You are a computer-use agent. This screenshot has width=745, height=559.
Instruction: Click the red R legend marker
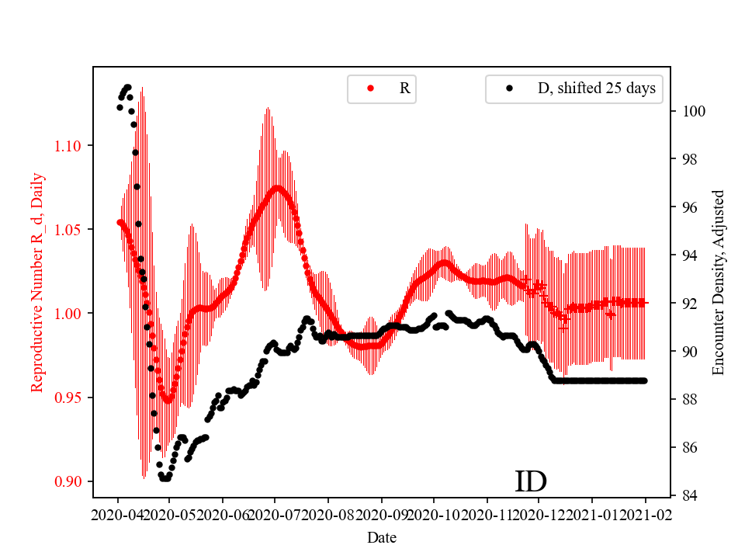tap(371, 89)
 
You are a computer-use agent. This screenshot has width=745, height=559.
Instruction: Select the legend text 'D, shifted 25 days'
tap(596, 89)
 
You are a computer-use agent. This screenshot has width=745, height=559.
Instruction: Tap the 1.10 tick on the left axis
tap(71, 145)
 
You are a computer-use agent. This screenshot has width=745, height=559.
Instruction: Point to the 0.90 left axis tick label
tap(71, 481)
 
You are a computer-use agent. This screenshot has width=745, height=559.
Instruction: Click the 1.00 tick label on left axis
tap(71, 314)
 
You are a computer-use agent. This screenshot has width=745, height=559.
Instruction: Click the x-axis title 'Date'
tap(382, 536)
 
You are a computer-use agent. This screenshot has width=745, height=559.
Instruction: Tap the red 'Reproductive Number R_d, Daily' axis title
tap(36, 283)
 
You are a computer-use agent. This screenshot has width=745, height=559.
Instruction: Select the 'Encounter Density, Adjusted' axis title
tap(718, 283)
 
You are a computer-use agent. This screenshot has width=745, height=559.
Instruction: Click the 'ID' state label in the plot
tap(531, 481)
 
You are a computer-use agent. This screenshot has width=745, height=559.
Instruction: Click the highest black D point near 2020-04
tap(127, 87)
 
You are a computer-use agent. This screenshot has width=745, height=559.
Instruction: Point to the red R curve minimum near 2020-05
tap(167, 399)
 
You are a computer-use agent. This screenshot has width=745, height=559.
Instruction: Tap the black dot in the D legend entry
tap(509, 89)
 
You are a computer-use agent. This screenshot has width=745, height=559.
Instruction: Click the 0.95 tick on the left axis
tap(71, 398)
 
